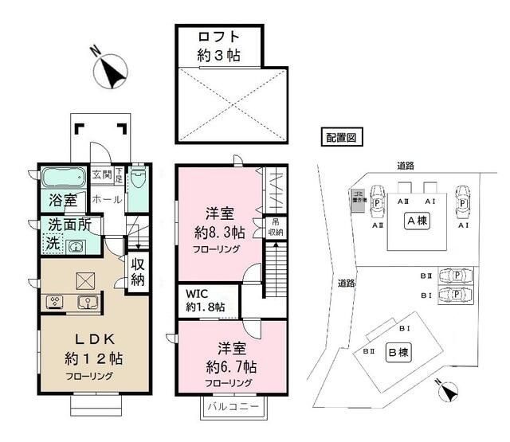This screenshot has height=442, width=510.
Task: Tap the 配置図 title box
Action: coord(341,136)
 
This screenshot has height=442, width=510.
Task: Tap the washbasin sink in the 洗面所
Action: coord(76,245)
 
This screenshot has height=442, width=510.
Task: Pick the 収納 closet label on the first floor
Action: coord(137,272)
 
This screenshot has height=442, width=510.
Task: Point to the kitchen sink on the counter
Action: coord(88,302)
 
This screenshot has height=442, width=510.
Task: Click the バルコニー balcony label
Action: coord(233,406)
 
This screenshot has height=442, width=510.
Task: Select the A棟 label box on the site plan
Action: coord(414,221)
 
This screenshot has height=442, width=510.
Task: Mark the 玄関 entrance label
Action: coord(101,174)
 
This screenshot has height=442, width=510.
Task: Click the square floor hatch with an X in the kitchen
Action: coord(84,280)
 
